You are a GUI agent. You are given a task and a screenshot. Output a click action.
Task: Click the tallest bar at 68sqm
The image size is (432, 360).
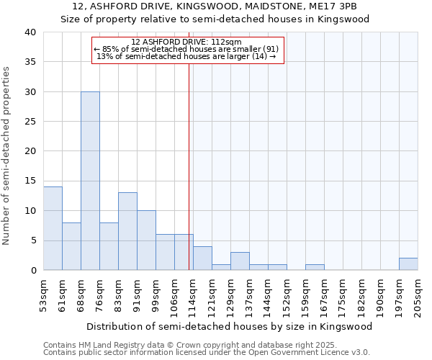click(90, 181)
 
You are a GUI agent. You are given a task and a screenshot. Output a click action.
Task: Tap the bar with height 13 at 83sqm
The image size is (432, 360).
click(127, 231)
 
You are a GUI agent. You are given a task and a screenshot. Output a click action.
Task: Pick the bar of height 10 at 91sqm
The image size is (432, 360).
click(146, 240)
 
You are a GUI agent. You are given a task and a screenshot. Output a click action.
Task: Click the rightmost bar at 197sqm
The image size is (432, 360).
click(408, 264)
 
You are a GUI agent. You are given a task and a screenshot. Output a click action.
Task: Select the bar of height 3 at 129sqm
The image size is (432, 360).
click(240, 261)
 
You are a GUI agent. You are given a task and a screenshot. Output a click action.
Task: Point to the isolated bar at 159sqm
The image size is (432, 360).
click(315, 267)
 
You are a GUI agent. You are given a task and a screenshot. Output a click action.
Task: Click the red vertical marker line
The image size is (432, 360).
click(189, 166)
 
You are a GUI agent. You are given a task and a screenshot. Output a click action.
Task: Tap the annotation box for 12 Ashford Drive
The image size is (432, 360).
click(189, 50)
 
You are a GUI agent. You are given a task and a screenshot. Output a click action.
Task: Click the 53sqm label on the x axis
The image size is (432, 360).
click(44, 291)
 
